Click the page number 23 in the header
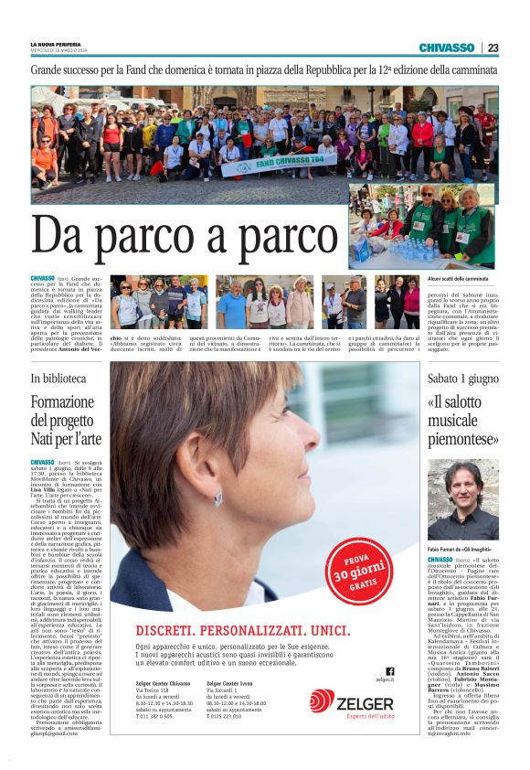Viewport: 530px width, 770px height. (x=493, y=48)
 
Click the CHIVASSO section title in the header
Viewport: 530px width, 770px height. (x=446, y=48)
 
